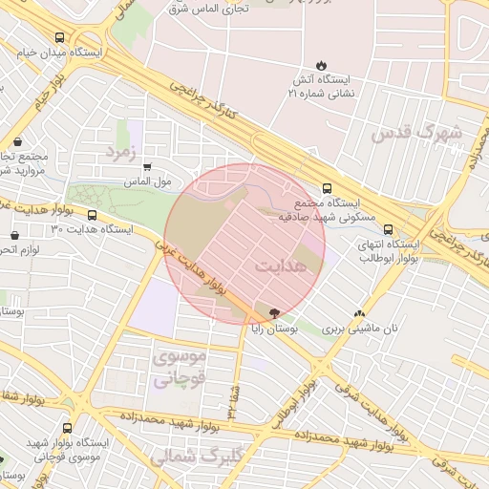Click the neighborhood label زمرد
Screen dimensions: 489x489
[121, 153]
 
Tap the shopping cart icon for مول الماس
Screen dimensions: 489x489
[147, 166]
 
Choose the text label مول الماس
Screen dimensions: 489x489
[147, 181]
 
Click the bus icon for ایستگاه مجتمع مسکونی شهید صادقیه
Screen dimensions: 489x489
[328, 188]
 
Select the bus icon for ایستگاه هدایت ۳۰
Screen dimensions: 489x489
[93, 215]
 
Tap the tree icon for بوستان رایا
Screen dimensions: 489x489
[275, 312]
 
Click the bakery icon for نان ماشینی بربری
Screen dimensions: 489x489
[360, 313]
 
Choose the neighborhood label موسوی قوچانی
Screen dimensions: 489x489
[179, 366]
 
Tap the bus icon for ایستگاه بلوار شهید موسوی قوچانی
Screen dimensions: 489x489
[67, 429]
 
